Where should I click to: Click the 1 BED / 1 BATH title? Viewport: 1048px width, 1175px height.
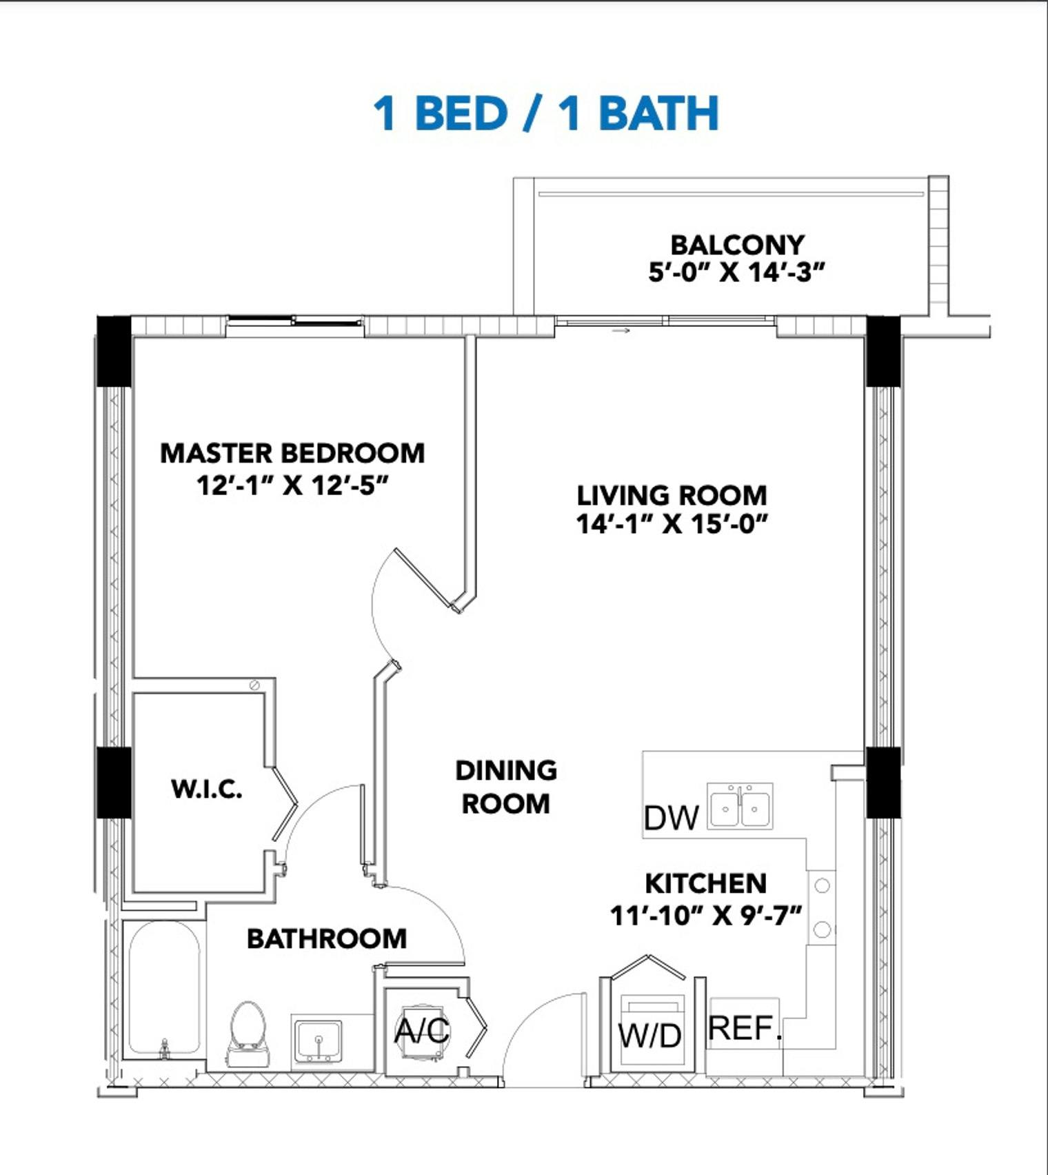(x=546, y=113)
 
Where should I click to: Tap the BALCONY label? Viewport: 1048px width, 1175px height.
(x=737, y=245)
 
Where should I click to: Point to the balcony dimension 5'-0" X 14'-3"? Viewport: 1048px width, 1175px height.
(x=736, y=272)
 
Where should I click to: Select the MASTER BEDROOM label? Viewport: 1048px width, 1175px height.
(x=292, y=453)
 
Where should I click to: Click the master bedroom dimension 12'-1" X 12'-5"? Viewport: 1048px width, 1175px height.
(x=293, y=485)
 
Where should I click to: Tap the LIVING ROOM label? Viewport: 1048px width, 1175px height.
(x=672, y=495)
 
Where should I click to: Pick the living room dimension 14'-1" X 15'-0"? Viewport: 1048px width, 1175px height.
(x=672, y=524)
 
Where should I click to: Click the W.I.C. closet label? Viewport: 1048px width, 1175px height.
(x=207, y=789)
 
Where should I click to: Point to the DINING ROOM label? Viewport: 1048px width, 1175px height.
(x=506, y=787)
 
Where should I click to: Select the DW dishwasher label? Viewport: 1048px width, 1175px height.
(x=671, y=818)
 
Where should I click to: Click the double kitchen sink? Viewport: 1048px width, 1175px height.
(x=740, y=805)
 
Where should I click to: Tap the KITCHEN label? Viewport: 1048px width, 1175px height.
(x=705, y=883)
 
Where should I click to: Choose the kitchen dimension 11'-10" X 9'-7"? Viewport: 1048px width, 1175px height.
(x=706, y=916)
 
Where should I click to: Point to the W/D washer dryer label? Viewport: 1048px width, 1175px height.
(x=650, y=1035)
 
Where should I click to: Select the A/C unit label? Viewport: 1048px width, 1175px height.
(x=422, y=1031)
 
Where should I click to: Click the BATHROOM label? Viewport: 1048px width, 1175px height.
(x=327, y=938)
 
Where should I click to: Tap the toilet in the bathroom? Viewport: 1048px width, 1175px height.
(x=248, y=1034)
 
